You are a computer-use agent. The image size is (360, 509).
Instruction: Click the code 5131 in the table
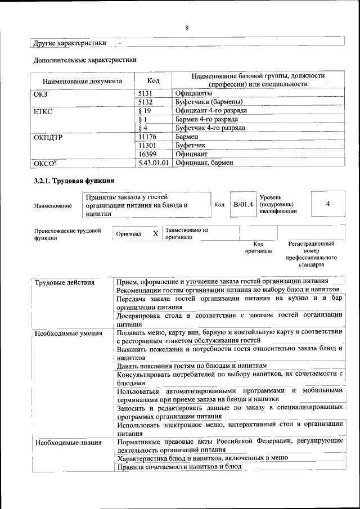(146, 93)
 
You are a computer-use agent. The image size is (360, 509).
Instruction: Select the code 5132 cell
(146, 102)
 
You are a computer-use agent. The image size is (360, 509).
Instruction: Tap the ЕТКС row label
(43, 111)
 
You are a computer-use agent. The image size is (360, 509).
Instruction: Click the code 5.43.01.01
(154, 163)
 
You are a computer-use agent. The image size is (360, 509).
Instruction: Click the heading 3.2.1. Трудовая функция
(74, 181)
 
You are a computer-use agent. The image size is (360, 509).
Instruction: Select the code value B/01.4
(244, 204)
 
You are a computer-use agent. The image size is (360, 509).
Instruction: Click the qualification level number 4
(327, 204)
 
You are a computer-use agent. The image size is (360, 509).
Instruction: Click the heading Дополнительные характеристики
(84, 59)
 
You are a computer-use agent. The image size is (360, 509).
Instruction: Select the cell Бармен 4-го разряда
(206, 119)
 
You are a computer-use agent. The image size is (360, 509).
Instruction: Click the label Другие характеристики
(70, 42)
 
